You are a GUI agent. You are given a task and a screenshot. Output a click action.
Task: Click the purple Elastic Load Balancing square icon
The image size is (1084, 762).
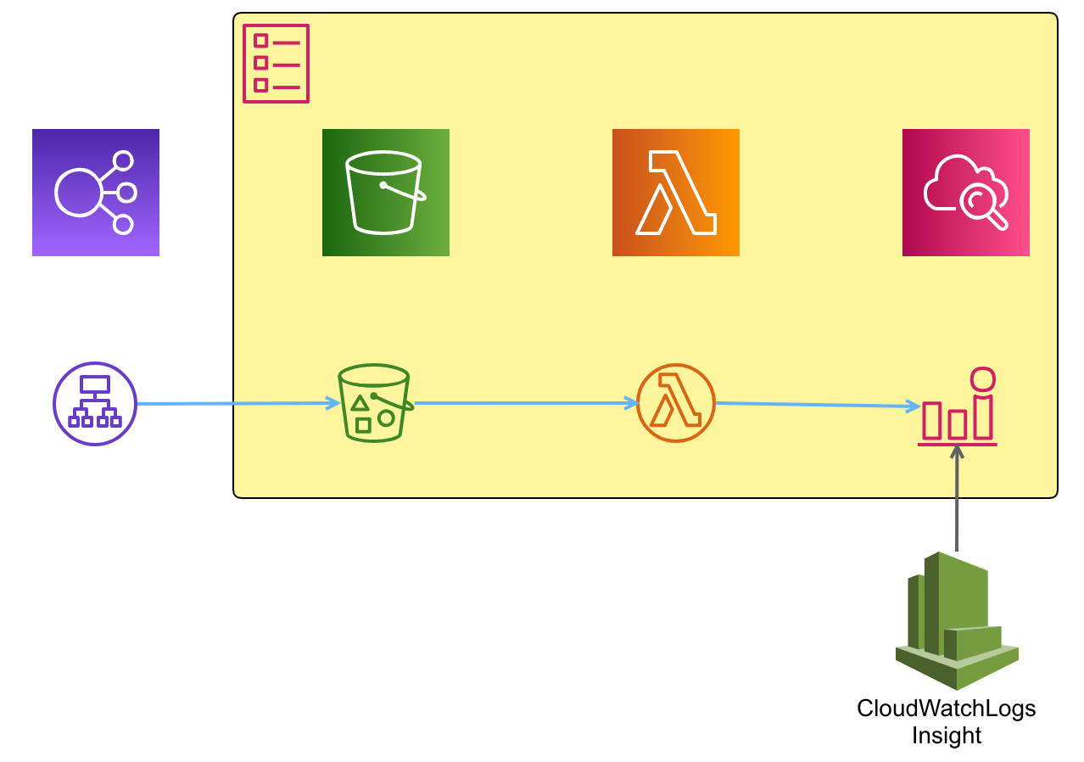click(x=96, y=193)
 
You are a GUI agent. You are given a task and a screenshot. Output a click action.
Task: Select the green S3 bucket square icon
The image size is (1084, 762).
click(x=386, y=193)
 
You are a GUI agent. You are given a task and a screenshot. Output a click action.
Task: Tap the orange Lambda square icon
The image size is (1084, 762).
click(x=676, y=193)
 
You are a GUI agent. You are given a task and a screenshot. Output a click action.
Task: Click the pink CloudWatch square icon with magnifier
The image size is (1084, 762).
click(x=966, y=193)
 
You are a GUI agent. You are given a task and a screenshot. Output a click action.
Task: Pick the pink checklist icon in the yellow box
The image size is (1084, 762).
click(x=277, y=64)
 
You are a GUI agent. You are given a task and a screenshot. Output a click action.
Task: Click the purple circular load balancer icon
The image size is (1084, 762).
click(x=95, y=404)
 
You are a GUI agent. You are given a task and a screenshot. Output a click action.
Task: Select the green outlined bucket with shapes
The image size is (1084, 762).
click(x=374, y=404)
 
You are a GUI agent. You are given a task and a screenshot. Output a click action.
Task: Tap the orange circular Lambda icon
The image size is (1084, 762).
click(x=676, y=403)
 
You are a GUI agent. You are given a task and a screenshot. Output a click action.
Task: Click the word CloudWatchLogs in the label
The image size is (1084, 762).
click(x=947, y=709)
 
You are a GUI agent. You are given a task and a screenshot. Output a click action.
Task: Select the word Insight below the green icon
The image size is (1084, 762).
click(x=947, y=736)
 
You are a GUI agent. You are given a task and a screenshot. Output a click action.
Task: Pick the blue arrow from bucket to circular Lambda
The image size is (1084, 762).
click(x=526, y=403)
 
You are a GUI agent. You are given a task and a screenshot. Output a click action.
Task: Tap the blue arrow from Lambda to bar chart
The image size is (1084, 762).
click(x=819, y=405)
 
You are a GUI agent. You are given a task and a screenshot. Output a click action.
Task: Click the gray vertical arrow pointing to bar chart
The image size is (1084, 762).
click(x=957, y=501)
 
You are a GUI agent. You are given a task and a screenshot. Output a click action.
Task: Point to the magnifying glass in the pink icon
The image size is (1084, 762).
click(x=982, y=204)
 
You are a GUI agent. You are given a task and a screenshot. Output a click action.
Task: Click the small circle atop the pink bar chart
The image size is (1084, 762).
click(x=982, y=378)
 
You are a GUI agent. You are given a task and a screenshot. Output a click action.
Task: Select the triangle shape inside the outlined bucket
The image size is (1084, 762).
click(x=360, y=403)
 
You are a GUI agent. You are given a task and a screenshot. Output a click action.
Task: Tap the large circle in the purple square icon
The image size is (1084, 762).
click(x=78, y=192)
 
